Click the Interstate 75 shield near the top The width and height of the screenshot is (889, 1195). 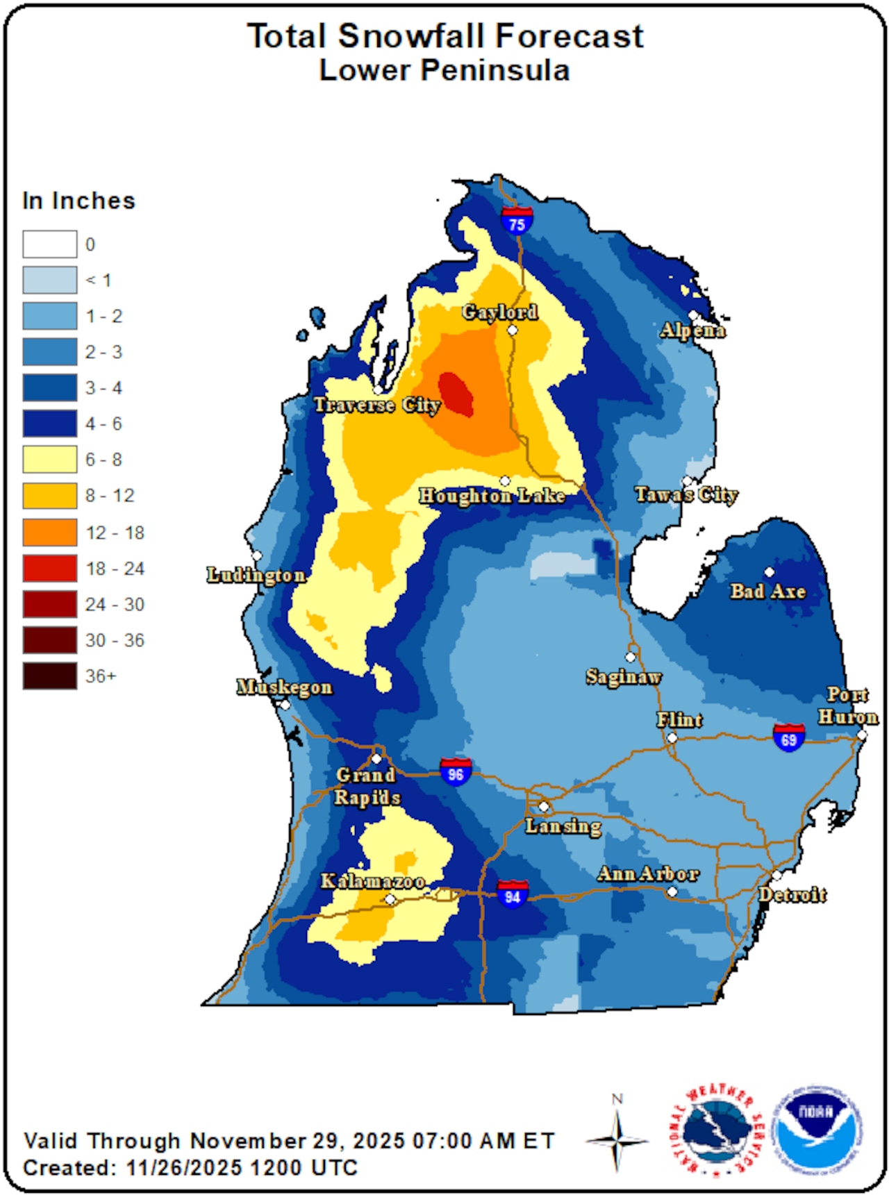click(x=517, y=220)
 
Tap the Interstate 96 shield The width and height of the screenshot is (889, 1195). click(x=456, y=771)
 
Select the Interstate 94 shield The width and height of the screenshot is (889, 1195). click(x=513, y=894)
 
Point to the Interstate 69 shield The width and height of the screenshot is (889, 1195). click(x=789, y=737)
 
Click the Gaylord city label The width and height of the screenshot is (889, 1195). click(x=500, y=312)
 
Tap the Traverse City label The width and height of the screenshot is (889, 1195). click(x=377, y=405)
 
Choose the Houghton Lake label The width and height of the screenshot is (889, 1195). click(x=492, y=496)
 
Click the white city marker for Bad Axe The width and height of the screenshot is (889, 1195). click(x=769, y=572)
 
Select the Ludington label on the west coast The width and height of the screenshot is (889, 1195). click(x=256, y=575)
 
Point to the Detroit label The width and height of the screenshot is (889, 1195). click(x=792, y=894)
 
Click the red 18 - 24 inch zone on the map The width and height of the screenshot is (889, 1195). click(x=456, y=394)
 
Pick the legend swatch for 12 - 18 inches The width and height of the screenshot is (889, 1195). click(x=49, y=533)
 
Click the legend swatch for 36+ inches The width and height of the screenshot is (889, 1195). click(x=49, y=676)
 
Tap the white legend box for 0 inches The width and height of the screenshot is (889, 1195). click(x=49, y=244)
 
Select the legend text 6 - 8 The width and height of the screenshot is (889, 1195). click(x=103, y=460)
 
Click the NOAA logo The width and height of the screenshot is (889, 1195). click(x=820, y=1130)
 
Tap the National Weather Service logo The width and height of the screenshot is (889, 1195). click(x=715, y=1130)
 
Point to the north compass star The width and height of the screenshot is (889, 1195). click(x=617, y=1140)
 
